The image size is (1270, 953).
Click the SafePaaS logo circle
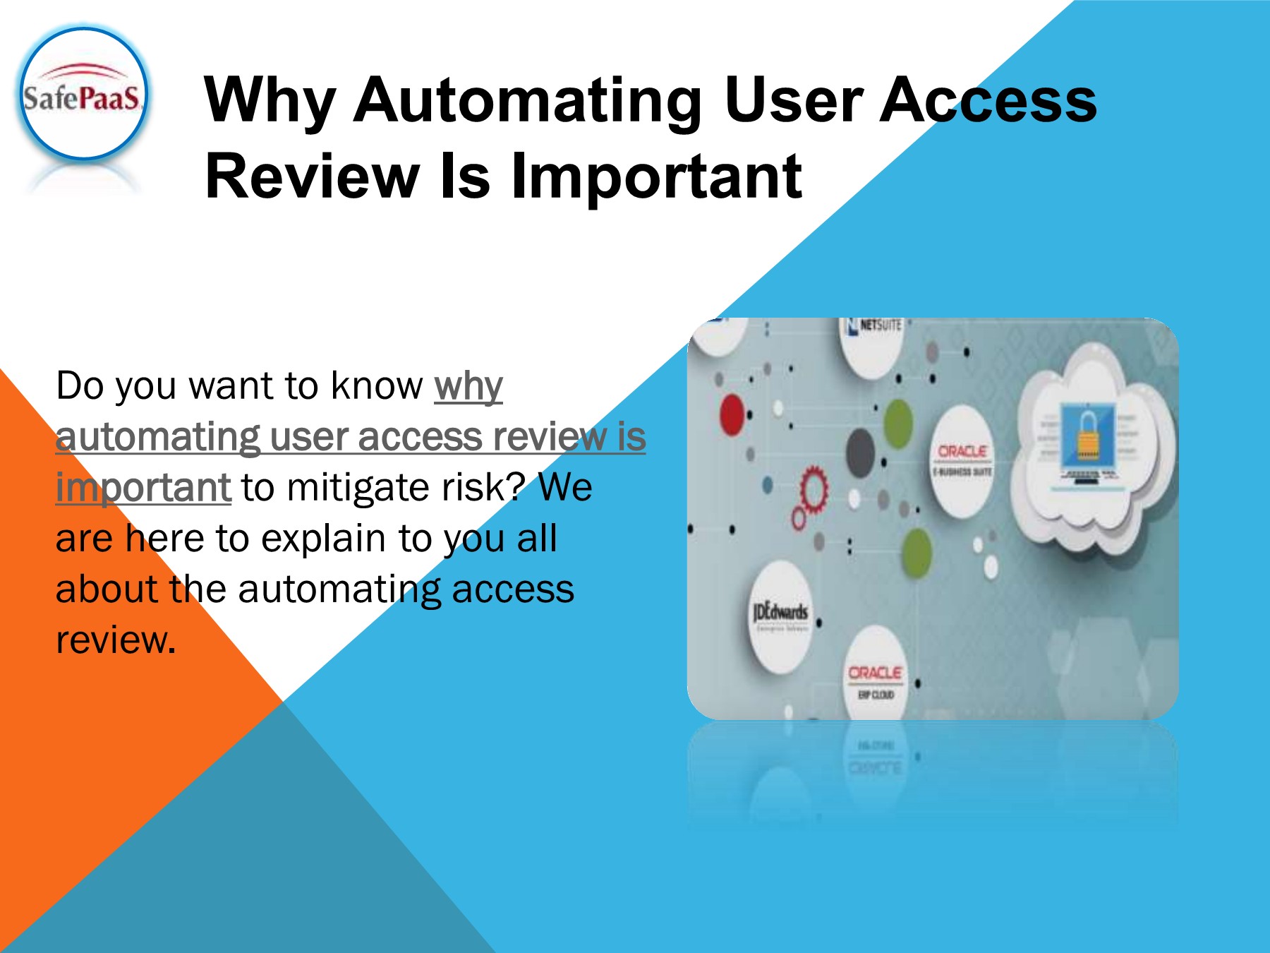[x=83, y=94]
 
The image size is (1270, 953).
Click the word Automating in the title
[x=528, y=101]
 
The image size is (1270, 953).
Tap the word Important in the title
[x=656, y=176]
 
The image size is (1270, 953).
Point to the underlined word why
[x=468, y=386]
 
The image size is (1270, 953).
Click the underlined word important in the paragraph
[x=143, y=488]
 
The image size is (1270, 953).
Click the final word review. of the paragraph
[x=116, y=640]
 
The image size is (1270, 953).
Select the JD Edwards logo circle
[x=780, y=613]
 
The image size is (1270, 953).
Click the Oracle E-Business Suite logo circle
[x=963, y=459]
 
